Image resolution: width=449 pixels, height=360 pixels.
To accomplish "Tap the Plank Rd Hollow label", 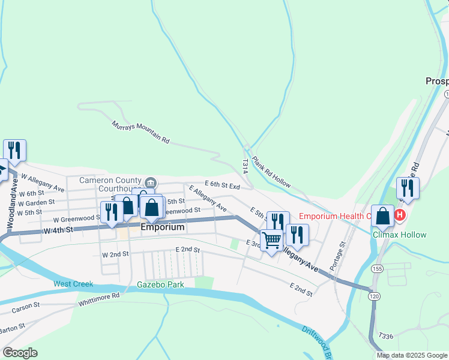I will point(271,172).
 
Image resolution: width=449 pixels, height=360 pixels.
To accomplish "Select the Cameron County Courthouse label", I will point(111,184).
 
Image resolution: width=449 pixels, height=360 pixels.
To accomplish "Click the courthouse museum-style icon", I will point(150,182).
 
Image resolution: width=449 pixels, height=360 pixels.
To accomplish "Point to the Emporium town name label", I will point(162,228).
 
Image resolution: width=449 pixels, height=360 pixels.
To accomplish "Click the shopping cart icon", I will point(272,240).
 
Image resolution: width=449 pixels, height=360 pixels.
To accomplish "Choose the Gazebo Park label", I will point(160,284).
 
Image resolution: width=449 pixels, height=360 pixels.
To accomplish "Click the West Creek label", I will point(73,283).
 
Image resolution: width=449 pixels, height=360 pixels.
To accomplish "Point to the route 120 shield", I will point(374,296).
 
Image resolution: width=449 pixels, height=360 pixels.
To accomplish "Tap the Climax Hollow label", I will point(399,235).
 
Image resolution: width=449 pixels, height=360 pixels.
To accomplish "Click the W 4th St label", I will point(58,230).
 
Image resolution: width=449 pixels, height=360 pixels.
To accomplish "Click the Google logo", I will point(20,353).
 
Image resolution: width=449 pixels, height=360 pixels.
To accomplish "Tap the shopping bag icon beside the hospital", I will point(382,216).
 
